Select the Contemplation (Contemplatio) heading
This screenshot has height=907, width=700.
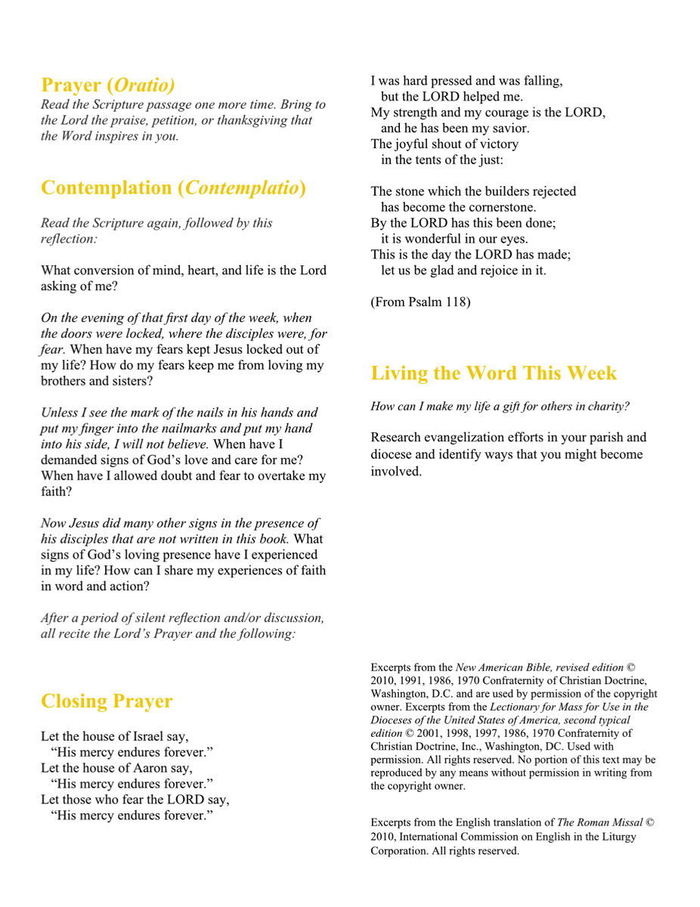[x=173, y=187]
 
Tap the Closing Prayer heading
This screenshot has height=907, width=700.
[x=107, y=701]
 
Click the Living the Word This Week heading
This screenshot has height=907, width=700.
[x=494, y=373]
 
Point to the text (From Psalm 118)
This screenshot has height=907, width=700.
[x=420, y=302]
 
